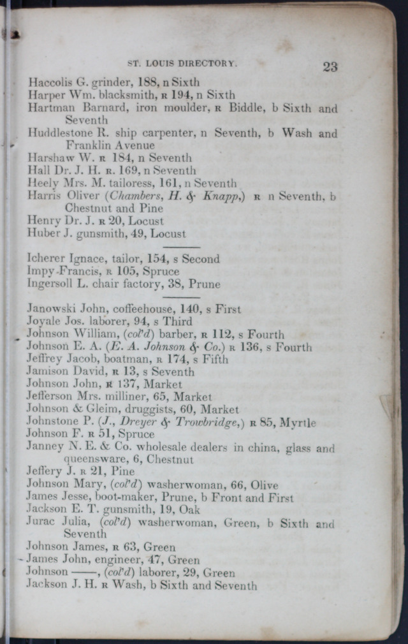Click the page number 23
click(x=330, y=66)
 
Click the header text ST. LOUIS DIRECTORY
click(x=182, y=64)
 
